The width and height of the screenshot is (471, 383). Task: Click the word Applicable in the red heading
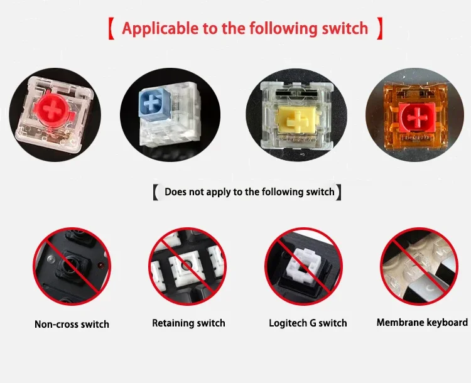[x=161, y=29]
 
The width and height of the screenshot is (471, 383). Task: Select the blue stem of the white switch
[x=153, y=103]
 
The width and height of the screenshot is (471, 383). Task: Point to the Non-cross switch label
[x=72, y=324]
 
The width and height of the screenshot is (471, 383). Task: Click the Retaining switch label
[x=188, y=323]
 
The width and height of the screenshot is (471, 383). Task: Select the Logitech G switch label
[x=308, y=323]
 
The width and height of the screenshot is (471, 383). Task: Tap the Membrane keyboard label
[x=422, y=322]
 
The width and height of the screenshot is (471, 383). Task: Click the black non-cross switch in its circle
[x=71, y=266]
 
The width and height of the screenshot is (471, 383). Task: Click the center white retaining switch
[x=187, y=266]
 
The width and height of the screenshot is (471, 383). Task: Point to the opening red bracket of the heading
[x=111, y=29]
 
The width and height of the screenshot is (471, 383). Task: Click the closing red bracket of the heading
[x=380, y=28]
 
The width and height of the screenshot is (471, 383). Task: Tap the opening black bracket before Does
[x=156, y=192]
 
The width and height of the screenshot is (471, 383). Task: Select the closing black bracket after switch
[x=338, y=192]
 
